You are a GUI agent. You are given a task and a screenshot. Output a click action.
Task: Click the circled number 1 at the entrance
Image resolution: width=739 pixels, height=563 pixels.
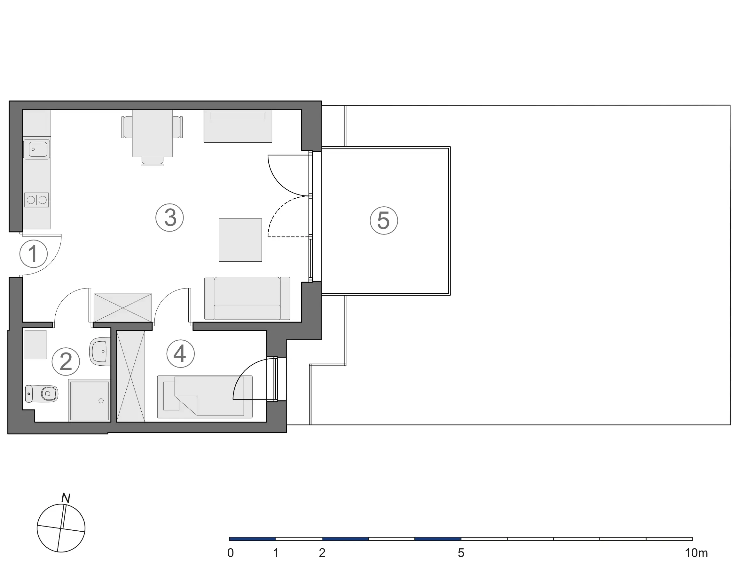pyautogui.click(x=34, y=254)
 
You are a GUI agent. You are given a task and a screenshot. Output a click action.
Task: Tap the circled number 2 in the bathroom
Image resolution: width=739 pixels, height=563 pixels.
pyautogui.click(x=66, y=361)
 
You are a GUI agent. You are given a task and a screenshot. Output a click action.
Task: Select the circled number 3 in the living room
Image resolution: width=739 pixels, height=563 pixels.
pyautogui.click(x=169, y=218)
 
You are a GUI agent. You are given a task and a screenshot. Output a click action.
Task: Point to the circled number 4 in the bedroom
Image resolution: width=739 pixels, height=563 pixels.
pyautogui.click(x=181, y=353)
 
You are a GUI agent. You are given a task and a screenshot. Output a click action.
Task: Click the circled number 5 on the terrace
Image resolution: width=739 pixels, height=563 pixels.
pyautogui.click(x=384, y=220)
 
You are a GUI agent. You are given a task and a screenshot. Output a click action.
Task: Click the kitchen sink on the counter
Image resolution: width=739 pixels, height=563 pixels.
pyautogui.click(x=36, y=149)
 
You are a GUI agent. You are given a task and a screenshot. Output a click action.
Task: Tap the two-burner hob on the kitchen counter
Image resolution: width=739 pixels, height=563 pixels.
pyautogui.click(x=36, y=200)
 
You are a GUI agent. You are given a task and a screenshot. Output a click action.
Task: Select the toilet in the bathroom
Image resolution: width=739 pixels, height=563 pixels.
pyautogui.click(x=42, y=393)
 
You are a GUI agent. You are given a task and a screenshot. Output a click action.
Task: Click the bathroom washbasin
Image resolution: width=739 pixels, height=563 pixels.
pyautogui.click(x=100, y=351)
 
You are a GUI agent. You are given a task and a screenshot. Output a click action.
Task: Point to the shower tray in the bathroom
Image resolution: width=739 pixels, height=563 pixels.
pyautogui.click(x=89, y=400)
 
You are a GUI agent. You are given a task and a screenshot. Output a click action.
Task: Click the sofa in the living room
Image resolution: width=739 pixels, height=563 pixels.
pyautogui.click(x=247, y=298)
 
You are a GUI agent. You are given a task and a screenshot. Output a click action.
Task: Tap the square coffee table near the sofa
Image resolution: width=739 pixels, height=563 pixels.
pyautogui.click(x=240, y=240)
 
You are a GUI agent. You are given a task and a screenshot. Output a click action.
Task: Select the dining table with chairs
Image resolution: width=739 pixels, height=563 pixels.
pyautogui.click(x=153, y=133)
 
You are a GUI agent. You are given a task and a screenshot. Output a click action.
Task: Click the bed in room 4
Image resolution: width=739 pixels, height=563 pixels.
pyautogui.click(x=205, y=397)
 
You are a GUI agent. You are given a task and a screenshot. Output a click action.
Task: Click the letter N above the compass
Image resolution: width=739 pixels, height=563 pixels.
pyautogui.click(x=66, y=498)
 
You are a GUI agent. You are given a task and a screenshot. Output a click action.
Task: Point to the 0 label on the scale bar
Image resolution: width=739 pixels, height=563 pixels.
pyautogui.click(x=231, y=553)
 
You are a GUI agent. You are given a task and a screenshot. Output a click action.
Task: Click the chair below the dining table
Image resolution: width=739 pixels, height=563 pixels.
pyautogui.click(x=153, y=162)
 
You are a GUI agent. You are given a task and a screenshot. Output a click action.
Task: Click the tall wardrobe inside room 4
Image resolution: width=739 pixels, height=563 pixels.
pyautogui.click(x=131, y=376)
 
